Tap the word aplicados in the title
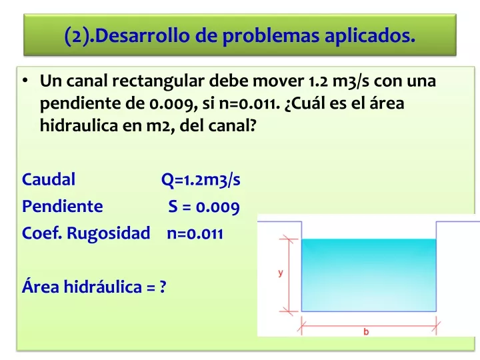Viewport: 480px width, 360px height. (370, 36)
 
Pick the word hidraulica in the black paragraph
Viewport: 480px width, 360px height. (79, 125)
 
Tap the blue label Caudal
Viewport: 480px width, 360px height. (49, 179)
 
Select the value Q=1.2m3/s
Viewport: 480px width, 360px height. (201, 180)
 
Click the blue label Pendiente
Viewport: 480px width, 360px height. (63, 206)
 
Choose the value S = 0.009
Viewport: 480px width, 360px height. (204, 207)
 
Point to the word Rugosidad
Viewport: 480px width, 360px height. (109, 233)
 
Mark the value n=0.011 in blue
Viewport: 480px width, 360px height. (195, 234)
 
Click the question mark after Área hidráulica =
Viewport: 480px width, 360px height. (163, 287)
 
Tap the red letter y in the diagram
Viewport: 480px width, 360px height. (281, 273)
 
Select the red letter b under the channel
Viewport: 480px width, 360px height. (366, 331)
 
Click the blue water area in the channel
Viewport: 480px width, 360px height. (369, 275)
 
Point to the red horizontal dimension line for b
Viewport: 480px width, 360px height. (369, 326)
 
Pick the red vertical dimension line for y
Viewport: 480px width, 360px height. (289, 275)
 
